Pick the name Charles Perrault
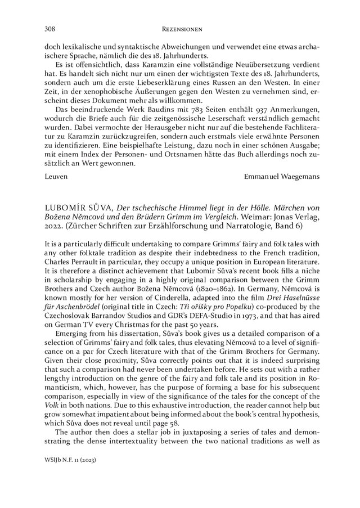tap(69, 264)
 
